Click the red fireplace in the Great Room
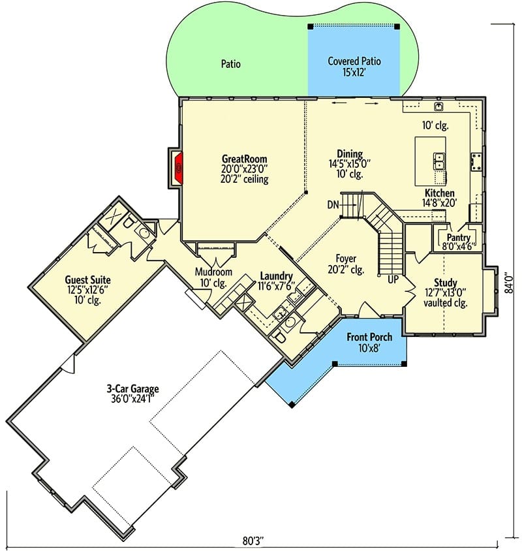pos(179,168)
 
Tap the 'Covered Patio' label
pos(354,61)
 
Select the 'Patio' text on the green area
pos(231,64)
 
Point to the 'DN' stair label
pos(333,204)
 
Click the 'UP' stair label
pos(393,279)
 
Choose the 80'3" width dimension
pos(253,541)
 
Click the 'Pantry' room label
pos(459,238)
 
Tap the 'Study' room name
pos(446,283)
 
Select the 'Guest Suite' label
pos(88,280)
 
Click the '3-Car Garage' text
pos(132,388)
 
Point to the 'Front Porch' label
pos(369,337)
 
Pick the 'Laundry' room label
pos(277,276)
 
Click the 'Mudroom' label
pos(213,272)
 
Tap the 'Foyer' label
pos(346,259)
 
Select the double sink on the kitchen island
pos(438,161)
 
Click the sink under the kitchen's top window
pos(438,106)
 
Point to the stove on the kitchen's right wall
pos(476,162)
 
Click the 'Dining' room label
pos(350,154)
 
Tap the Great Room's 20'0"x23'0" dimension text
pos(245,168)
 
